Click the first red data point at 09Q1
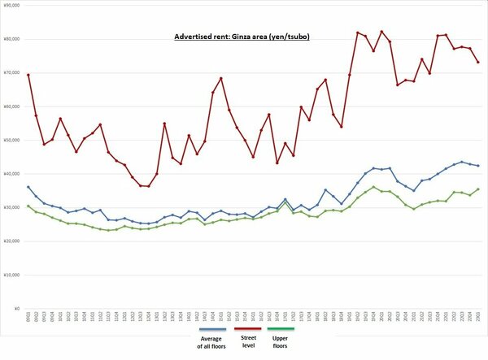[x=28, y=75]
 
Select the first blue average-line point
[x=28, y=187]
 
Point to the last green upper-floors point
[x=477, y=189]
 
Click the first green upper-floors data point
[x=28, y=206]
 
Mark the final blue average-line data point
[x=477, y=166]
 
